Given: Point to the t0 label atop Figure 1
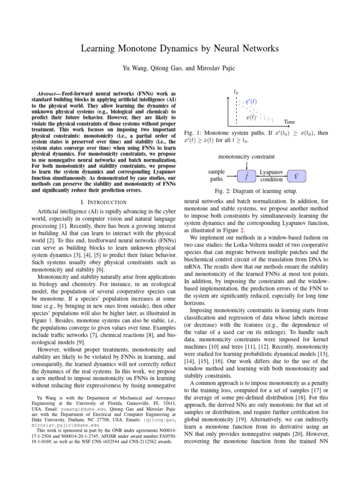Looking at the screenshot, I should pos(236,92).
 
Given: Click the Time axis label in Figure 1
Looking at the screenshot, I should pos(290,122).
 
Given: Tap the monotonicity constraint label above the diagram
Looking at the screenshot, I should pos(247,156).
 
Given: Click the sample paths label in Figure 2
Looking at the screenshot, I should pos(216,176).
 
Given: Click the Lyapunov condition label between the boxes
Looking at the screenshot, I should pos(270,176).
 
